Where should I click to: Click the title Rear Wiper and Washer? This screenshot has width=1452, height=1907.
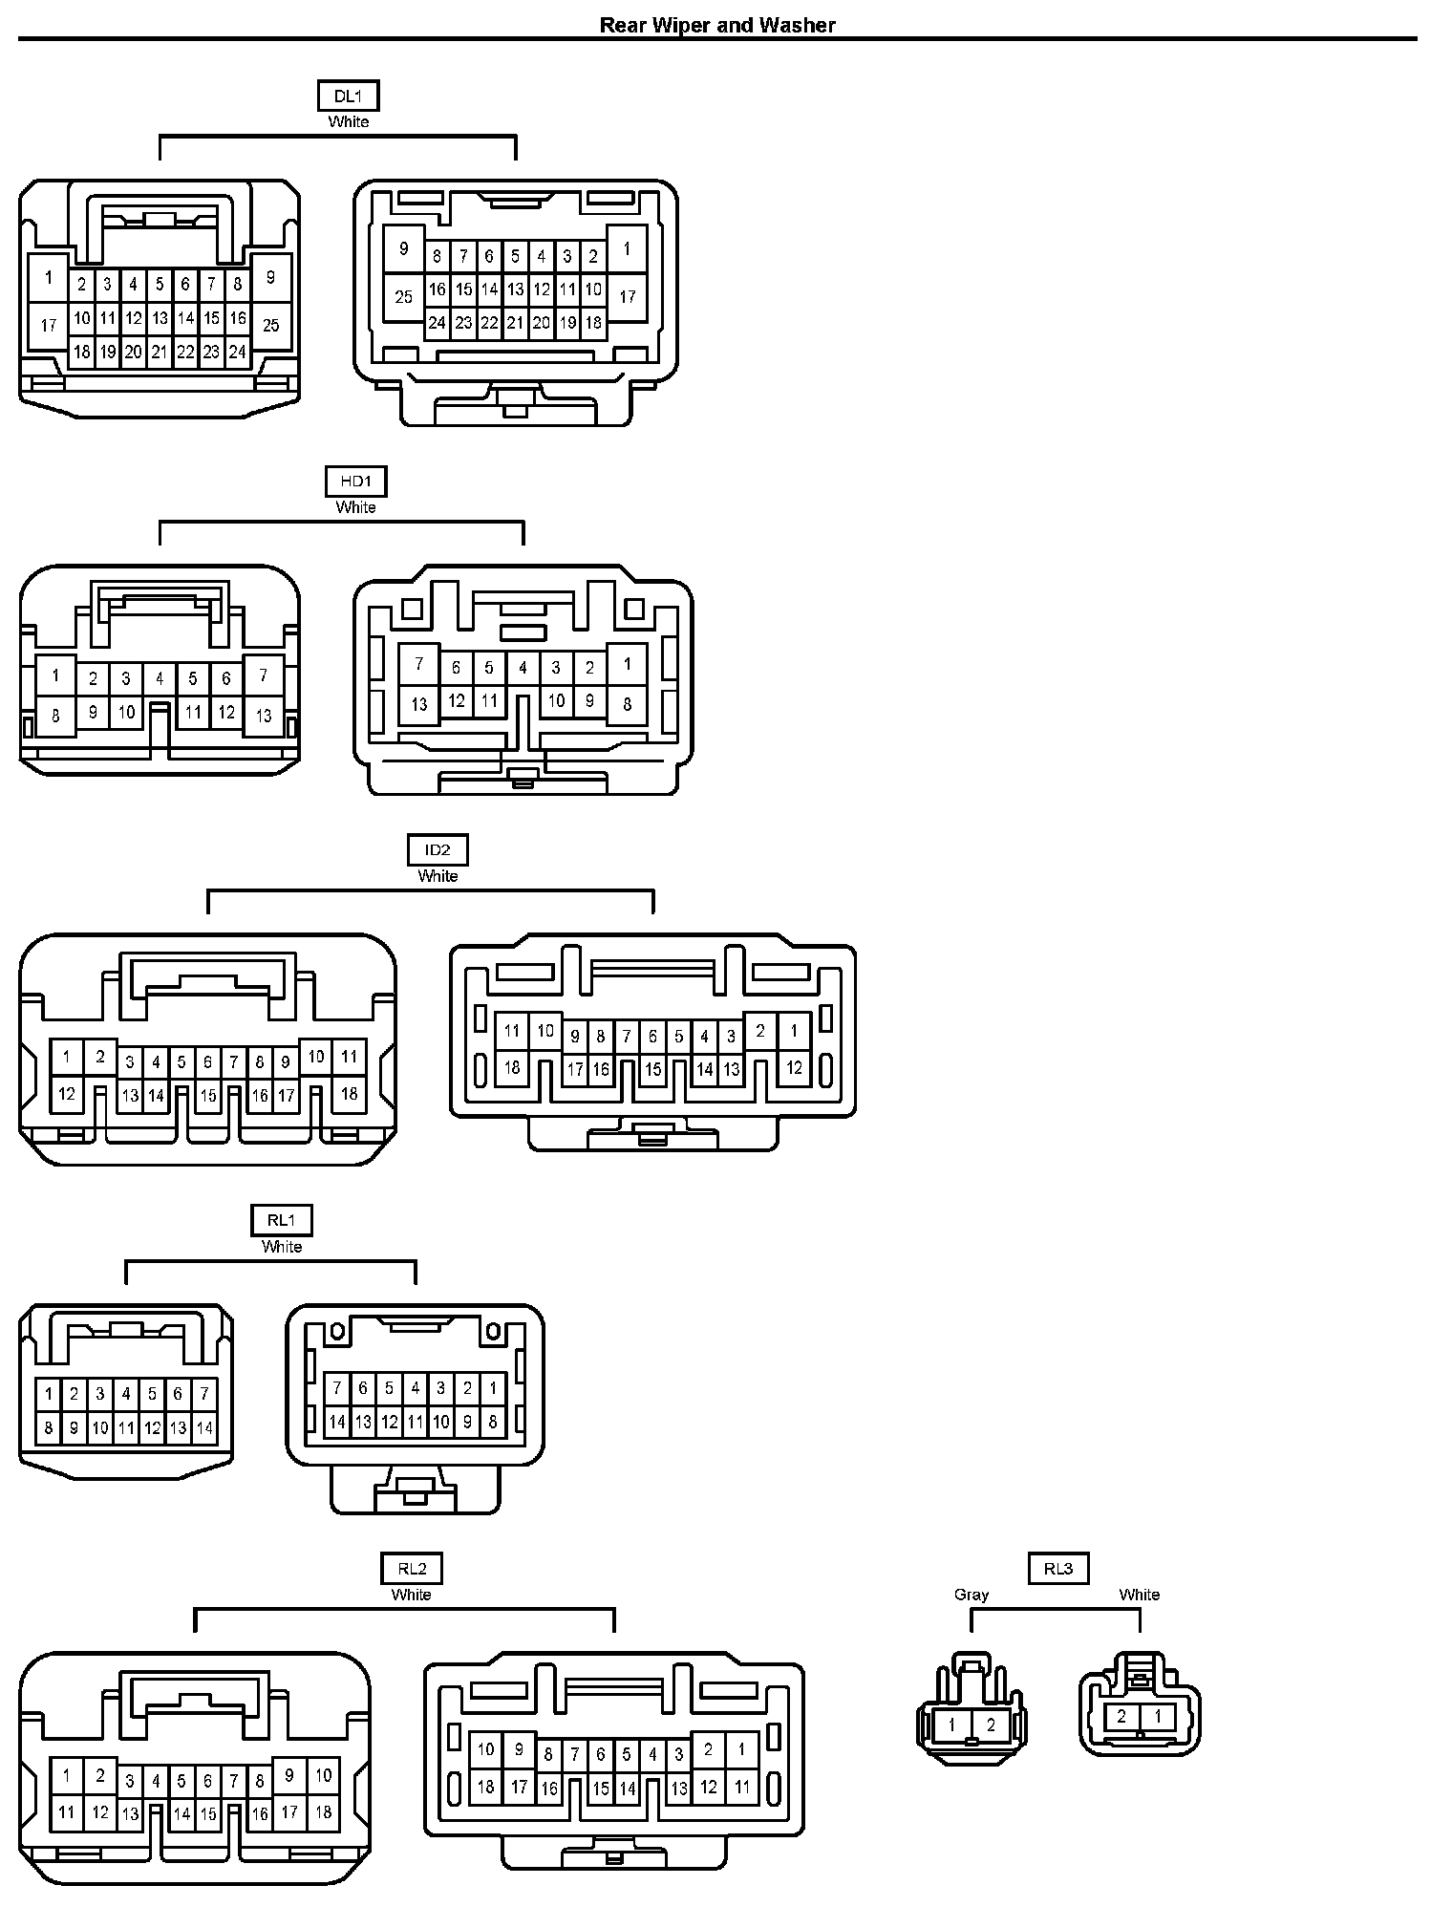[x=716, y=25]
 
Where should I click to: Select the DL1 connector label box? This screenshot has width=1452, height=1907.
[x=348, y=96]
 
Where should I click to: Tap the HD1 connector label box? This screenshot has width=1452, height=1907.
[x=355, y=482]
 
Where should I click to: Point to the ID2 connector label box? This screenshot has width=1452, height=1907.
[x=438, y=849]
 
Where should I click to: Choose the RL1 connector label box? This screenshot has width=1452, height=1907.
[x=282, y=1220]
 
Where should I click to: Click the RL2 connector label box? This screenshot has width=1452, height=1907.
[x=412, y=1568]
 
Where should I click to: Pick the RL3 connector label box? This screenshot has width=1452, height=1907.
[x=1057, y=1568]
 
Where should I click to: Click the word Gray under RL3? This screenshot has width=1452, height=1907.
[x=972, y=1595]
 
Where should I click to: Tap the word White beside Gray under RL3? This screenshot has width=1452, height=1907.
[x=1139, y=1595]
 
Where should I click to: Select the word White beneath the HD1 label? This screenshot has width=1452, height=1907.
[x=355, y=507]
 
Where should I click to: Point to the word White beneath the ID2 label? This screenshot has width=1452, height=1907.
[x=438, y=876]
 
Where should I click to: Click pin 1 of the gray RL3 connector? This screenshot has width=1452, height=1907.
[x=952, y=1725]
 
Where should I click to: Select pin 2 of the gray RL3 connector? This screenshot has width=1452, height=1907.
[x=991, y=1725]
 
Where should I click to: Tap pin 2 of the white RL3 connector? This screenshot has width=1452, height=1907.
[x=1121, y=1716]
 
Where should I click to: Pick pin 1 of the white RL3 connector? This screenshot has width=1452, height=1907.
[x=1158, y=1716]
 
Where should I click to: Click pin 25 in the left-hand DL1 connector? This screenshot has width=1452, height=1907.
[x=271, y=326]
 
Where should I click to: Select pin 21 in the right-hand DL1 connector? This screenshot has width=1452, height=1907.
[x=515, y=323]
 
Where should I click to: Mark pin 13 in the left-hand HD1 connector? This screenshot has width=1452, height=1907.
[x=264, y=716]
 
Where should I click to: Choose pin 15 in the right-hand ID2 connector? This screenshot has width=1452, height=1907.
[x=652, y=1069]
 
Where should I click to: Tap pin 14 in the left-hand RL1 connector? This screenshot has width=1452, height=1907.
[x=203, y=1429]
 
